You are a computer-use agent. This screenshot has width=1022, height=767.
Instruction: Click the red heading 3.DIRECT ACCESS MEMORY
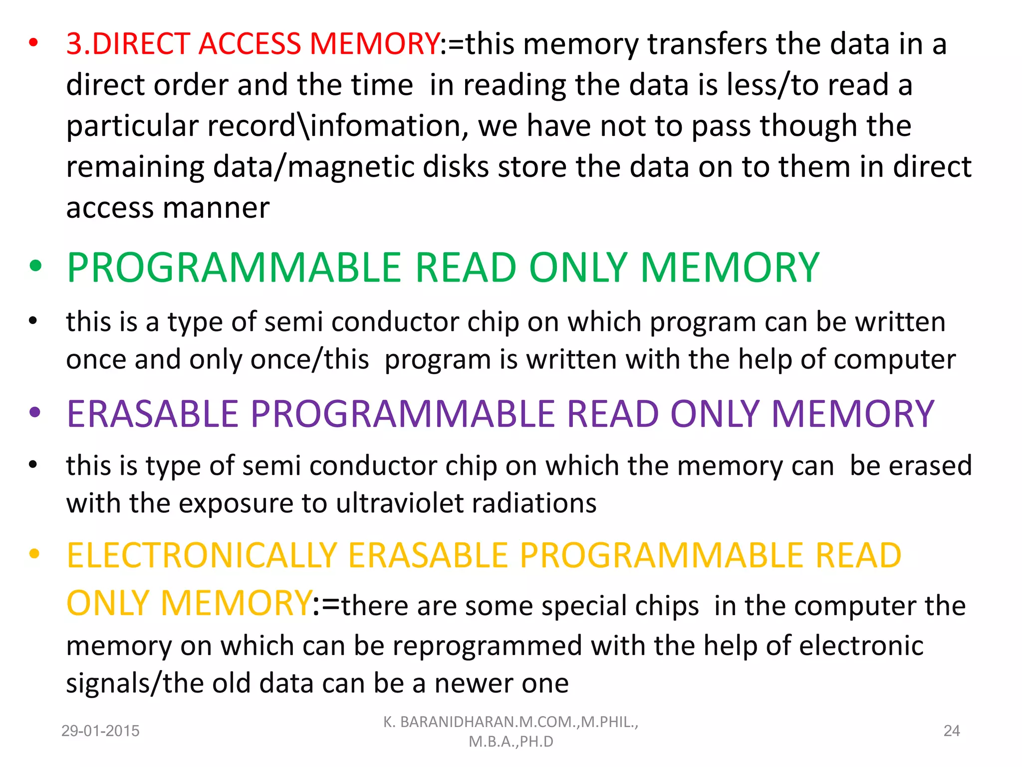pos(253,44)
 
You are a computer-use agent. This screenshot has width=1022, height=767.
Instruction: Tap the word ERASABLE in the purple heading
pos(153,414)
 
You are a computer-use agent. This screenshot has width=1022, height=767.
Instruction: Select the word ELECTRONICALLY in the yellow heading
pos(202,556)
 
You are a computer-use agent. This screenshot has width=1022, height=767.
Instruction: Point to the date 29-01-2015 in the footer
pos(100,731)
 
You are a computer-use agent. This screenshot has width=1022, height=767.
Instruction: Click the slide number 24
pos(952,731)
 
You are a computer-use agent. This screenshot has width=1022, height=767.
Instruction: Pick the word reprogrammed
pos(487,646)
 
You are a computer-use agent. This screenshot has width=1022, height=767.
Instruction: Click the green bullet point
pos(35,266)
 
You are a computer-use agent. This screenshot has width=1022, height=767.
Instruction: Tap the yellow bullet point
pos(34,554)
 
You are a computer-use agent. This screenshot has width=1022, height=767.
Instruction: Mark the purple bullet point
pos(34,412)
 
